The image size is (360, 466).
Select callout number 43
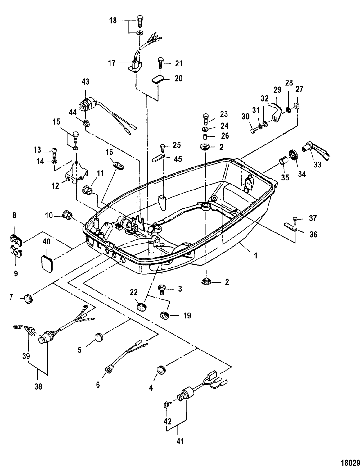point(85,82)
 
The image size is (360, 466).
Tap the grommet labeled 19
point(163,315)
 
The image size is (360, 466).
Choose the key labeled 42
point(166,405)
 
